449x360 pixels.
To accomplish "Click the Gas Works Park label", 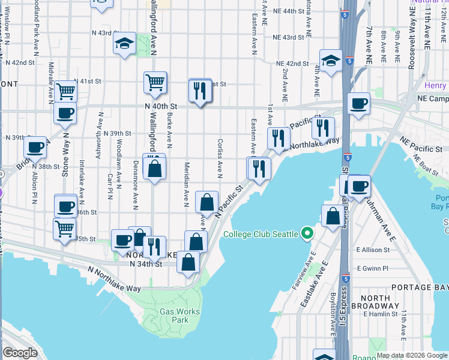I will [x=175, y=316].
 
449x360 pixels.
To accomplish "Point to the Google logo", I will [x=20, y=353].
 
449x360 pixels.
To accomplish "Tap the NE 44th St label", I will [x=289, y=11].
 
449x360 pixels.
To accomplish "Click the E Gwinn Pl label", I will [x=372, y=269].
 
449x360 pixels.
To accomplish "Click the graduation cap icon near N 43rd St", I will [x=125, y=43].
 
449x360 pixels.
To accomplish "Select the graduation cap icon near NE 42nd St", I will [x=330, y=61].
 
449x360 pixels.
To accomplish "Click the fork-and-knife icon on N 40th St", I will [x=199, y=90].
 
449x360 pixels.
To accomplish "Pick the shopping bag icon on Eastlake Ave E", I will [x=332, y=217].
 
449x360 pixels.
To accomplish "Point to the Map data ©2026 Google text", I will [x=412, y=355].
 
